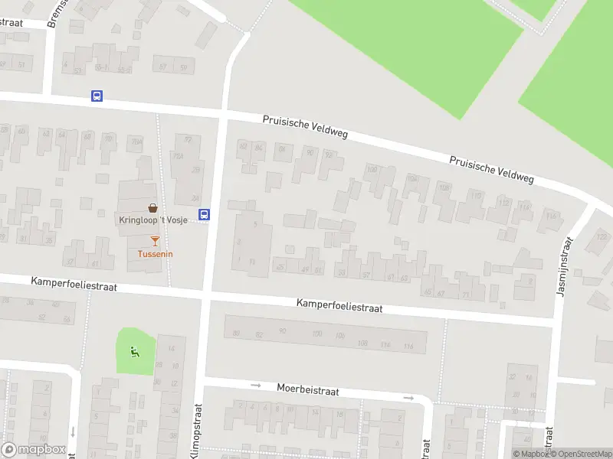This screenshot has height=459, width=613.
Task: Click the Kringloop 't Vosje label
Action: pos(153,220)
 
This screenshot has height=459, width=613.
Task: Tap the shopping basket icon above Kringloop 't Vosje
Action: pos(153,207)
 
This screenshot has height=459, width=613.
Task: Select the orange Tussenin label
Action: pos(156,254)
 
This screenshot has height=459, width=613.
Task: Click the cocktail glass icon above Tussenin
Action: pos(156,241)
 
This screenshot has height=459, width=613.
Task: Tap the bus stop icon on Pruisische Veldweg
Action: pos(97,96)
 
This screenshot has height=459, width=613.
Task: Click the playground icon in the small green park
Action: pos(136,353)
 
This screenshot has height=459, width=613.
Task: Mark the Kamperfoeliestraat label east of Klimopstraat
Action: pos(339,306)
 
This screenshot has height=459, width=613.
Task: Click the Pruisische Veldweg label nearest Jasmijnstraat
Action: pos(490,169)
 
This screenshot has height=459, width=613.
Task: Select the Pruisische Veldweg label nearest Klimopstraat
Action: pos(305,127)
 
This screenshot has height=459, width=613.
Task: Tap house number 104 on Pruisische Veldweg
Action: pos(413,178)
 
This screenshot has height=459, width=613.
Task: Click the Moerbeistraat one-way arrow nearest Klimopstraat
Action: pos(257,385)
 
